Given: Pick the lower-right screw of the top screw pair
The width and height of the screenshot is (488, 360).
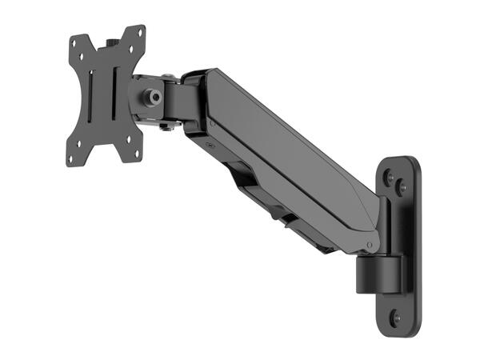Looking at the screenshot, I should coord(402,189).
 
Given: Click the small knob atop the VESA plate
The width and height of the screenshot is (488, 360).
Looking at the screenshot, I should coord(112,39).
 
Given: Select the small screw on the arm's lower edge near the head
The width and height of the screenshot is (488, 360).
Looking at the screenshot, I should coord(210,146).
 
